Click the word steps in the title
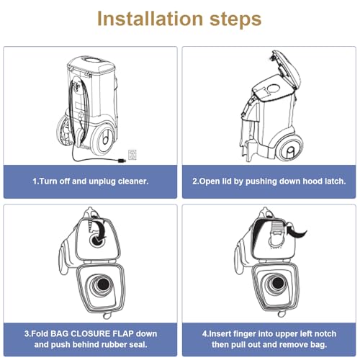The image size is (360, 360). [x=235, y=19]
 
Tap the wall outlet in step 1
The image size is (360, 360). [x=132, y=155]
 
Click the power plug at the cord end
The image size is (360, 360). [x=122, y=161]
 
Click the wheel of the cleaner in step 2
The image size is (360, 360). [x=290, y=148]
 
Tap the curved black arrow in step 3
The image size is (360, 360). [x=99, y=228]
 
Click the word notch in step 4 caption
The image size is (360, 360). [x=325, y=333]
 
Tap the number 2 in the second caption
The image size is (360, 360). [x=194, y=181]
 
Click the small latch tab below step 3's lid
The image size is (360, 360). [x=107, y=315]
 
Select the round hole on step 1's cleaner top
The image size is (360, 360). [x=91, y=60]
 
